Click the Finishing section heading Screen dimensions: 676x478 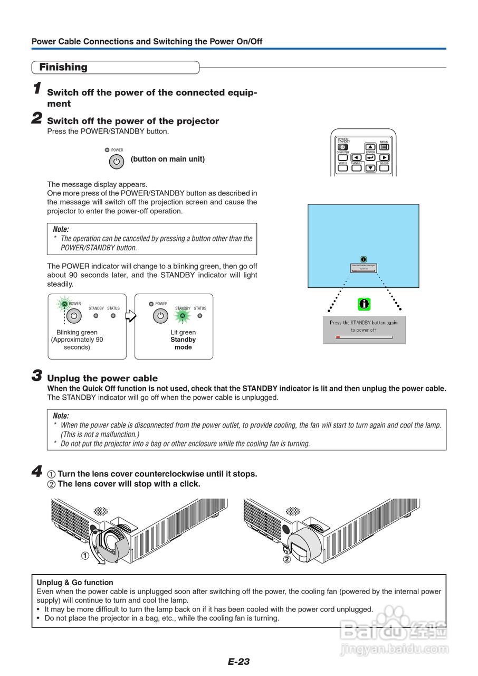click(63, 68)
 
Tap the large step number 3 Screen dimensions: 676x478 click(37, 376)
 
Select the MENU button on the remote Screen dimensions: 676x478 click(384, 147)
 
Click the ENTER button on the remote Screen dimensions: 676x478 click(370, 157)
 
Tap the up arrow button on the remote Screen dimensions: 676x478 click(370, 147)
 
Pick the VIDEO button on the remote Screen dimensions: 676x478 click(343, 168)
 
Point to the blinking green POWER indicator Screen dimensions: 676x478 click(64, 304)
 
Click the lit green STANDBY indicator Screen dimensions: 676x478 click(183, 316)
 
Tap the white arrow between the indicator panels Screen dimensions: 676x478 click(130, 316)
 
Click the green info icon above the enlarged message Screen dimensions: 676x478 click(364, 304)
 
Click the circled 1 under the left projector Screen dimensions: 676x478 click(84, 555)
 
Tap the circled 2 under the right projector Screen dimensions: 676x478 click(287, 559)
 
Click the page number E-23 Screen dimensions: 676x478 click(238, 661)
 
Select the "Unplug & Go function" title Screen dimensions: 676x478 click(75, 583)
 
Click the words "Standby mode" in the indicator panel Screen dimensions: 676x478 click(183, 343)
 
